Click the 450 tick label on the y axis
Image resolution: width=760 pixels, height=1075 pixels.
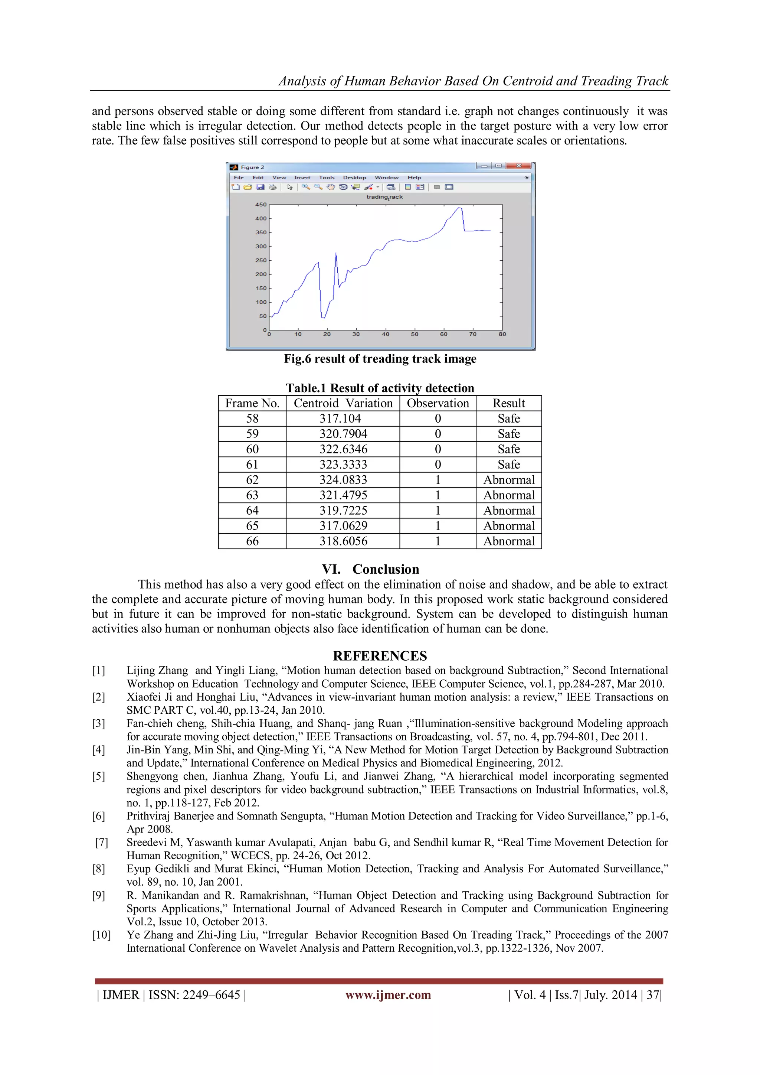click(x=261, y=205)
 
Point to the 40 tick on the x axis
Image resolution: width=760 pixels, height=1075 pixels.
click(x=385, y=334)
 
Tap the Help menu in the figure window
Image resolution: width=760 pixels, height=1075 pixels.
click(x=414, y=177)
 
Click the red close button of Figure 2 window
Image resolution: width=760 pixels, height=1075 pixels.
click(x=518, y=166)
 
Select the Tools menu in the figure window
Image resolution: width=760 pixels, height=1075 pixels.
click(x=327, y=177)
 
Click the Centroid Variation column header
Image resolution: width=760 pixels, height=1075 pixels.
click(x=343, y=403)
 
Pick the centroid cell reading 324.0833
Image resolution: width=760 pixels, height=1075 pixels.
click(x=343, y=480)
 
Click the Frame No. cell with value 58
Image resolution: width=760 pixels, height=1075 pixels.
click(x=252, y=418)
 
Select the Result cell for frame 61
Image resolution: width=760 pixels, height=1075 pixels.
click(x=509, y=465)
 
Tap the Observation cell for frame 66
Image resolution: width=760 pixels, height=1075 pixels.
click(x=438, y=541)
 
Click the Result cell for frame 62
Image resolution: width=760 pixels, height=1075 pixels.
click(x=509, y=480)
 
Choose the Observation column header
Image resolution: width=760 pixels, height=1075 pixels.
click(x=438, y=403)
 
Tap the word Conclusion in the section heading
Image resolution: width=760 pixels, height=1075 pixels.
click(x=386, y=569)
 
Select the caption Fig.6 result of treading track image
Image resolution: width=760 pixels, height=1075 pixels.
click(x=380, y=359)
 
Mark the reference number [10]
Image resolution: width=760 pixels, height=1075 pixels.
click(x=101, y=935)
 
